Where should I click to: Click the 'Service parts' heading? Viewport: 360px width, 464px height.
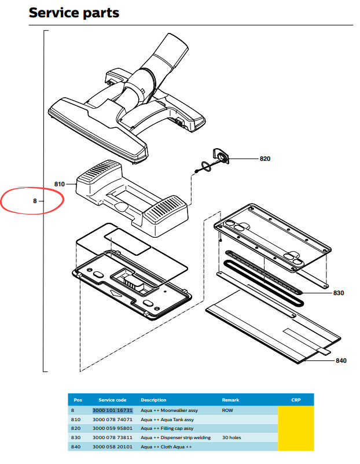tap(74, 13)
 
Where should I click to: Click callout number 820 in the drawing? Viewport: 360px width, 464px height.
tap(265, 159)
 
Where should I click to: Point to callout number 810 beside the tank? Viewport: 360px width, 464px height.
tap(60, 184)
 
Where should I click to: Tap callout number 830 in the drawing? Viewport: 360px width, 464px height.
tap(339, 293)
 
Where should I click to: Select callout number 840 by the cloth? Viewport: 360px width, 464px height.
tap(341, 360)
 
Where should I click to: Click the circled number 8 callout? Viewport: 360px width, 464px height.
tap(35, 201)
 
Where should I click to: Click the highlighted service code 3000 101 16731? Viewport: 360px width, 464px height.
tap(112, 410)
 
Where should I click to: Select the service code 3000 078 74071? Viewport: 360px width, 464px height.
tap(112, 419)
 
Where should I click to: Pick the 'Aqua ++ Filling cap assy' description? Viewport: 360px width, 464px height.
tap(167, 429)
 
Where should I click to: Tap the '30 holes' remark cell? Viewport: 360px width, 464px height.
tap(232, 437)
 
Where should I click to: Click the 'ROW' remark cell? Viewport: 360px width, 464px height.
tap(227, 410)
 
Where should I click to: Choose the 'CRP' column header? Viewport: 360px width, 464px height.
tap(296, 400)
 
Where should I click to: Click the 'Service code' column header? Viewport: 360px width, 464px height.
tap(112, 400)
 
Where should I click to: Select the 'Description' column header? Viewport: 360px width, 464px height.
tap(153, 400)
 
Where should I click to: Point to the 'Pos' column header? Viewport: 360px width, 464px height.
tap(78, 400)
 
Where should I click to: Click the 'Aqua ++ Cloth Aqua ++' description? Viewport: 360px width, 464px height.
tap(166, 447)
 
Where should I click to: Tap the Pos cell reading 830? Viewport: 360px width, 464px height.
tap(75, 437)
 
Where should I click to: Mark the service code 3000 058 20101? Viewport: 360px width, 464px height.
tap(112, 447)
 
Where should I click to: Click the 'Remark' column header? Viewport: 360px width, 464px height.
tap(230, 400)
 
